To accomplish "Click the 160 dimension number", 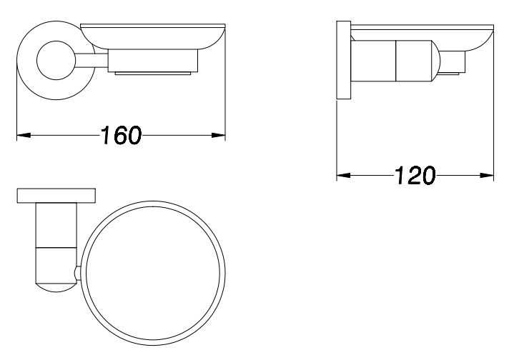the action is coord(121,135).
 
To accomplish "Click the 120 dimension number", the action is coord(415,176).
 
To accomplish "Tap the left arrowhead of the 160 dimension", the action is coord(24,135).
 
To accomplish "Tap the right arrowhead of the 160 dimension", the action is coord(219,135).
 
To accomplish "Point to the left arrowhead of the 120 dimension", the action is coord(343,176).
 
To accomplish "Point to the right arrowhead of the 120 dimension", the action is coord(487,176).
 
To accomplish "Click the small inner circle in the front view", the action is coord(56,60).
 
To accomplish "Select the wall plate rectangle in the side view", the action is coord(344,60).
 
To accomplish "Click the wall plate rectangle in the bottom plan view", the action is coord(56,196).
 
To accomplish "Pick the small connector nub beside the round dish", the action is coord(77,273).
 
